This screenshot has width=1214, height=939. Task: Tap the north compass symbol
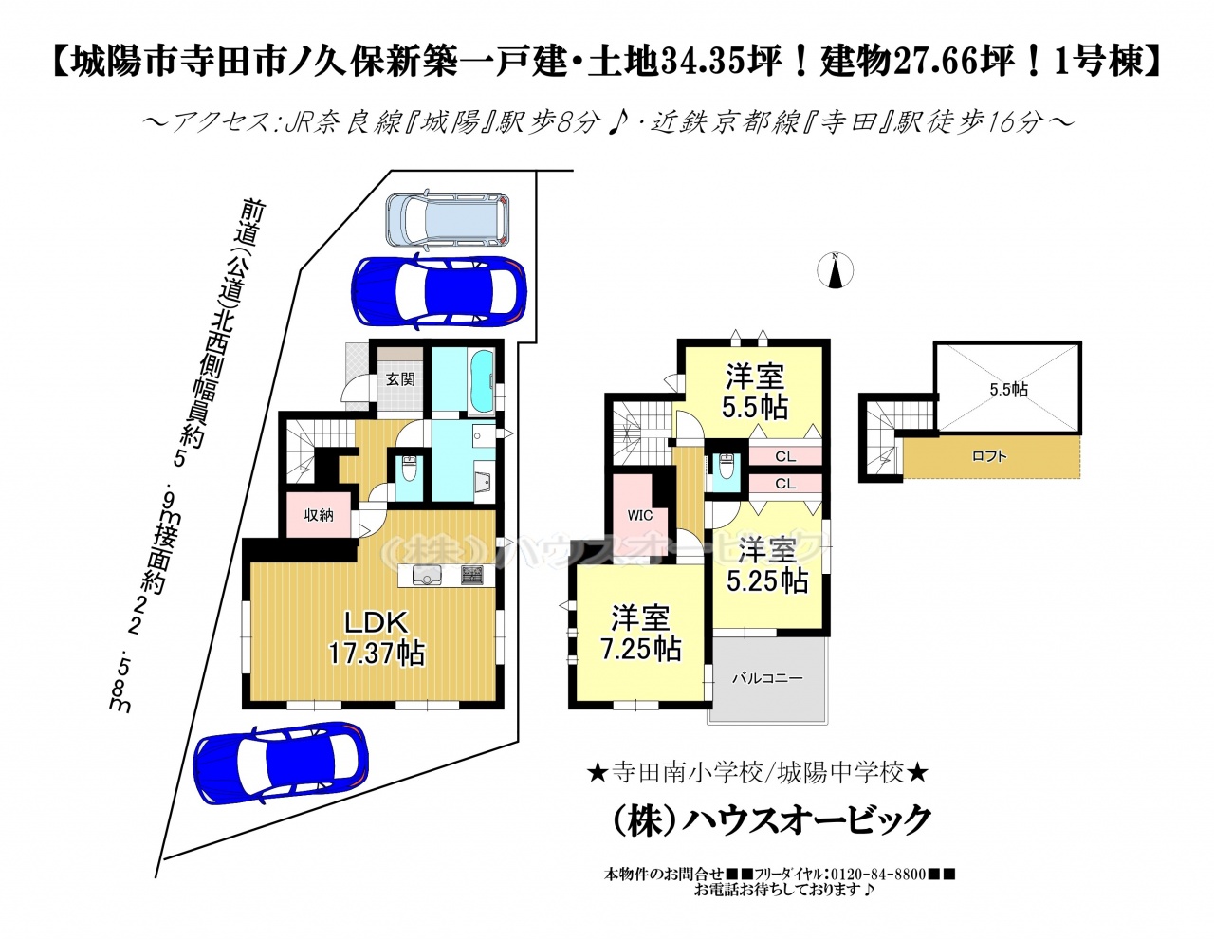pos(835,270)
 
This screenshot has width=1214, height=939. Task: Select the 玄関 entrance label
pos(400,379)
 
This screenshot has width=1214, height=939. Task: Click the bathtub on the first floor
pos(482,383)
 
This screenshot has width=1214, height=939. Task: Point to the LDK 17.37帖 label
pos(377,636)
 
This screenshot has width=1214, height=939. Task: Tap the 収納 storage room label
pos(319,514)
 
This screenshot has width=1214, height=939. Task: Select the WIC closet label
pos(639,515)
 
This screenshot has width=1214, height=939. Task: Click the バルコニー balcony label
pos(767,678)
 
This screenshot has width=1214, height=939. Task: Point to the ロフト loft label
pos(989,456)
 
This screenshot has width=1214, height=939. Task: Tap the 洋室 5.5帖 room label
pos(755,391)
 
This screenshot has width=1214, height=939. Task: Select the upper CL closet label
pos(785,456)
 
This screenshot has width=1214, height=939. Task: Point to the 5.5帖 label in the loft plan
pos(1009,389)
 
